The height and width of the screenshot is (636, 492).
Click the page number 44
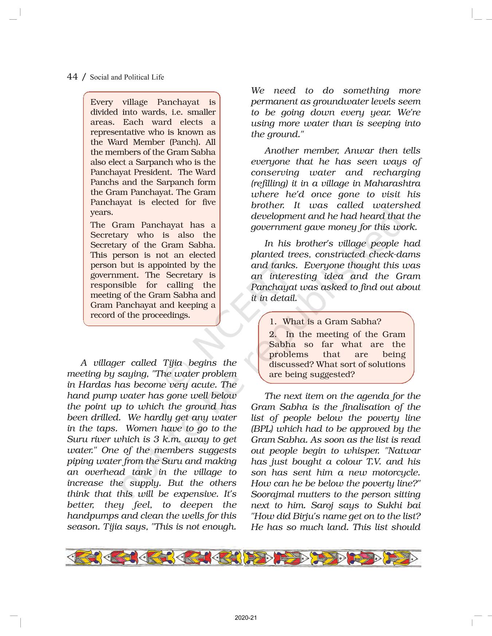point(72,77)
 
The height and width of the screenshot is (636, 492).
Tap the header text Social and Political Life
point(127,77)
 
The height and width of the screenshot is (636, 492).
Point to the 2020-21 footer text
point(246,618)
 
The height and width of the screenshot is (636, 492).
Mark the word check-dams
point(398,254)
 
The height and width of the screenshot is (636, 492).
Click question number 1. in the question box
point(273,321)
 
